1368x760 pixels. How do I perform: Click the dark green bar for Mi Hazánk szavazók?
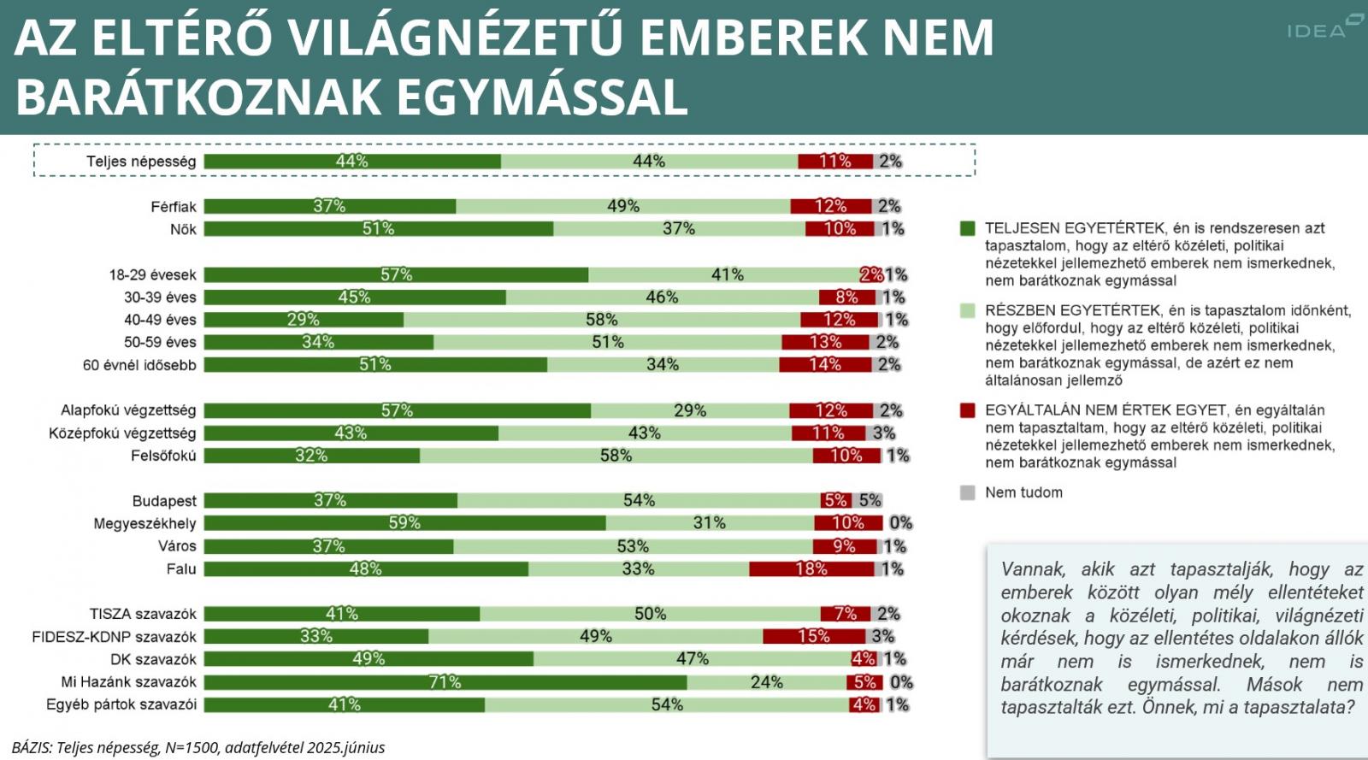click(x=445, y=682)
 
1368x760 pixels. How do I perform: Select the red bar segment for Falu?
click(x=811, y=569)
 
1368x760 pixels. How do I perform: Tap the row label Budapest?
click(x=164, y=501)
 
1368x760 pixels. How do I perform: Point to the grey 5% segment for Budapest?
click(x=867, y=500)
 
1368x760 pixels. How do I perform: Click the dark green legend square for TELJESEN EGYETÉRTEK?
click(x=967, y=228)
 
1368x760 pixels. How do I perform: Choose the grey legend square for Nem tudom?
click(x=967, y=492)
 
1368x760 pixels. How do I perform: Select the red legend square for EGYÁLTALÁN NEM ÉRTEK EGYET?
click(x=967, y=410)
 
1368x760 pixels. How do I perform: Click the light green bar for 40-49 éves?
click(x=602, y=320)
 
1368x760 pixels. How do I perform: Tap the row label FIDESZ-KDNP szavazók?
click(x=114, y=637)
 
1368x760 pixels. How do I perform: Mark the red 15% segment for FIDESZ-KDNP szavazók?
click(x=813, y=636)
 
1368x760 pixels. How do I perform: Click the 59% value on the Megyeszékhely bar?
click(x=404, y=522)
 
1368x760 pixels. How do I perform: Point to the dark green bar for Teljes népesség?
click(x=351, y=161)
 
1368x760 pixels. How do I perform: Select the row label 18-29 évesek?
click(x=152, y=275)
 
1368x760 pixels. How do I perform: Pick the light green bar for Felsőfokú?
click(x=616, y=456)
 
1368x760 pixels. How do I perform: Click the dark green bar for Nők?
click(x=378, y=228)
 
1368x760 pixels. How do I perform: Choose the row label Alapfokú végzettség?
click(x=128, y=410)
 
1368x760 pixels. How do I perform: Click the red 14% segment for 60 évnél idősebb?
click(x=824, y=364)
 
